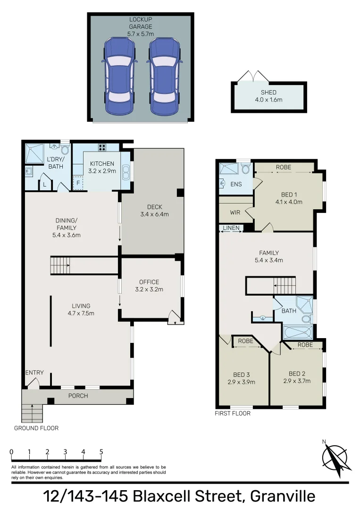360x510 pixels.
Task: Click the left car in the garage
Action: coord(119,76)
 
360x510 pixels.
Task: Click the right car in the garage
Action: coord(165,76)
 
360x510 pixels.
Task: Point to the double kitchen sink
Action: coord(126,172)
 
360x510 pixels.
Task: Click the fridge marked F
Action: coord(77,183)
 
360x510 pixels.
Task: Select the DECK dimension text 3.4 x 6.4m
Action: coord(154,214)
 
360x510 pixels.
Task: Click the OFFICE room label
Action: coord(149,282)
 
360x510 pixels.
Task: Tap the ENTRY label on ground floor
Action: coord(34,373)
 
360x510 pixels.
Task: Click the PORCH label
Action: coord(78,396)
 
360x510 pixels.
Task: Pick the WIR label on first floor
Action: coord(235,212)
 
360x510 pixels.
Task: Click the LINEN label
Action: coord(231,229)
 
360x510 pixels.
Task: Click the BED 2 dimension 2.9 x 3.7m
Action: coord(297,381)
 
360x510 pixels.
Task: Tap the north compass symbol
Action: coord(334,459)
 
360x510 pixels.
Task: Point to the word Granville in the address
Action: coord(283,496)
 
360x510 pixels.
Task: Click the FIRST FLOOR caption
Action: coord(233,413)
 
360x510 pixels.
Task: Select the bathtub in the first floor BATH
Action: coord(297,332)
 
